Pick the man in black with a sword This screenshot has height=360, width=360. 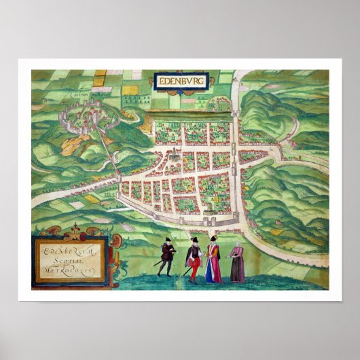coord(166,256)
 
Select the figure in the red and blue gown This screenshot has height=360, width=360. coord(213,261)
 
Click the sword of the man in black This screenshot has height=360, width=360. coord(158,262)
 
